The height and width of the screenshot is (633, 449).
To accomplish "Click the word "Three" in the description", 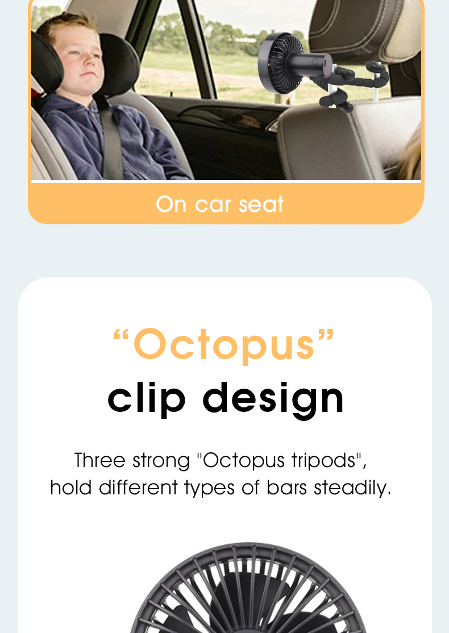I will pyautogui.click(x=100, y=460).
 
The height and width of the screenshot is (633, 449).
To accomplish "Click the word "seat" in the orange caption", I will pyautogui.click(x=261, y=204).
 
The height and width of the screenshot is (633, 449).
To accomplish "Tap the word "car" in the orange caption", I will pyautogui.click(x=214, y=204).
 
